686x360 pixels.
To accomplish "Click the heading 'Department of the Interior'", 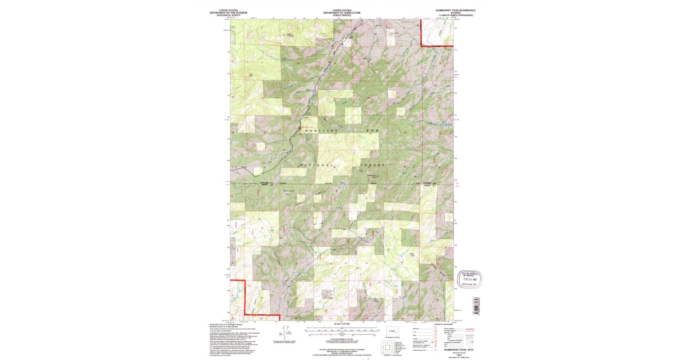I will pos(228,12).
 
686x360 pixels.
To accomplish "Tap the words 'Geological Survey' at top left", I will pos(228,14).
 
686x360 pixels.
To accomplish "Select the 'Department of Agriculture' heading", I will pos(342,12).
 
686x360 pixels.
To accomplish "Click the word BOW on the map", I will pos(373,131).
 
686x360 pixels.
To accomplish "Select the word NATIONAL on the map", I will pos(316,165).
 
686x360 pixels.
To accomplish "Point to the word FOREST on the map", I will pos(373,165).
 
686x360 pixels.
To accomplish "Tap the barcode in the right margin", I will pos(475,306).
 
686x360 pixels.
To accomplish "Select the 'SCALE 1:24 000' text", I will pos(342,324).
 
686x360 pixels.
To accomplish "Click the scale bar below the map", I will pos(342,329).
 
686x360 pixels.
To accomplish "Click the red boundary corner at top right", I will pos(421,45).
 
